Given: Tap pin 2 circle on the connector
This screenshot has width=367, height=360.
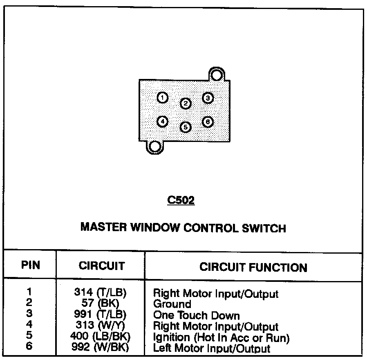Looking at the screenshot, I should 186,103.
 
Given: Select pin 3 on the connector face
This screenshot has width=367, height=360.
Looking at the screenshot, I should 208,98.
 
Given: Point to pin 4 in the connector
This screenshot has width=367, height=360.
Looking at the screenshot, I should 162,122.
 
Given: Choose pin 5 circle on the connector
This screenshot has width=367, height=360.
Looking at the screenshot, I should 186,127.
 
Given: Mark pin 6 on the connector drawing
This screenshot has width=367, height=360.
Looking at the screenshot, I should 208,122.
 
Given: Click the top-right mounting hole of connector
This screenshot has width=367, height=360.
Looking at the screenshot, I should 217,75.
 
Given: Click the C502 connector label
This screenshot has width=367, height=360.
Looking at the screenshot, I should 181,201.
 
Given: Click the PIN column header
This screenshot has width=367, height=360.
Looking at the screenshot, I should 31,265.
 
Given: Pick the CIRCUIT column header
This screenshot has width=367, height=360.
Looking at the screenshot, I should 101,266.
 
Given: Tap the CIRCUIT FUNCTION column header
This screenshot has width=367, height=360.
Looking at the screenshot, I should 253,268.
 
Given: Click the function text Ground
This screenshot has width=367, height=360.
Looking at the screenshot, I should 172,304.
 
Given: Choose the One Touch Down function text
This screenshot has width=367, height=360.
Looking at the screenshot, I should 196,315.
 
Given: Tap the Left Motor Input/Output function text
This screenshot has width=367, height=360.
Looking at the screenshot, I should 211,349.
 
